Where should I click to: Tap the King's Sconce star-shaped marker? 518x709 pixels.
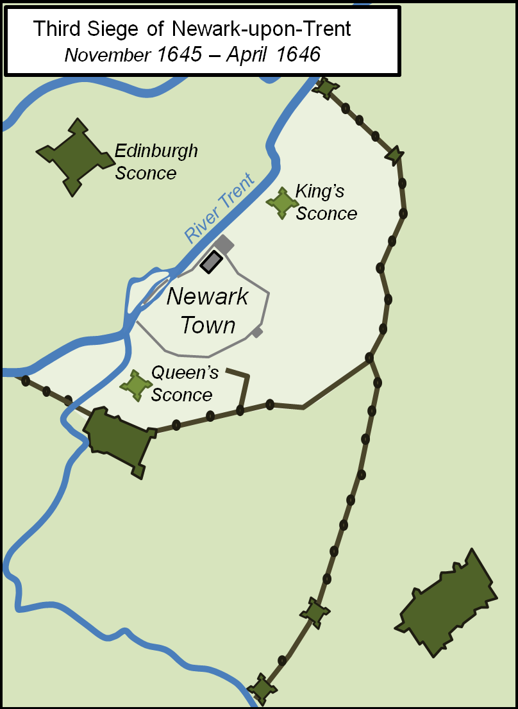coord(282,203)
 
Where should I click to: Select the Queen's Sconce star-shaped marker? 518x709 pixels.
coord(136,385)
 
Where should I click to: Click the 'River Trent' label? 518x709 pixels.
coord(219,208)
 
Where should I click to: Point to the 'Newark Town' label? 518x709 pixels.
coord(208,311)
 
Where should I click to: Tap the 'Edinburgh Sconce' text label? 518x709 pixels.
coord(156,162)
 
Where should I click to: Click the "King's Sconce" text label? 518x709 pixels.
coord(326,203)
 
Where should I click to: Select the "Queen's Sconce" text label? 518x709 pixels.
coord(184,384)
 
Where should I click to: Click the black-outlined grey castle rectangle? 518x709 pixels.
coord(212,262)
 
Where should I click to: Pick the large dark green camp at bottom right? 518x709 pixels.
coord(447,603)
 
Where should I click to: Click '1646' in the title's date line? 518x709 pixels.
coord(298,55)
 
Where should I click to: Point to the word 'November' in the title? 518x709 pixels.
coord(107,55)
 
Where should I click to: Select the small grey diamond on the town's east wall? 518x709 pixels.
coord(257,331)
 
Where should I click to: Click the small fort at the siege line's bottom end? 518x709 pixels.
coord(262,689)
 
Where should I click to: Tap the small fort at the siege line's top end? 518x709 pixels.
coord(326,87)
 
